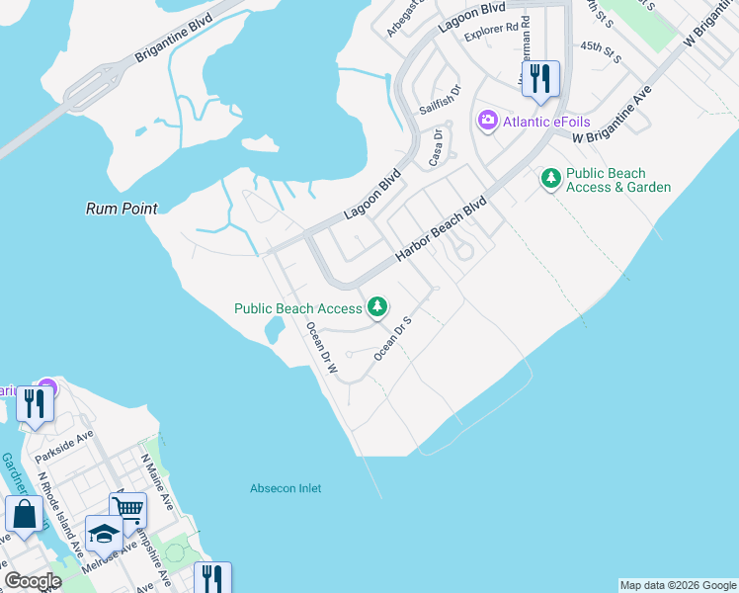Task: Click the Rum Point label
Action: point(122,209)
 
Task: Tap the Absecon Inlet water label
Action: point(286,488)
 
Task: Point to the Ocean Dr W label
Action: point(322,348)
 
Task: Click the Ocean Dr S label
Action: point(392,335)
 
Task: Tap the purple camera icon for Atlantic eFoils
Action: point(487,122)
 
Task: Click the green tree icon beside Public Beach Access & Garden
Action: point(550,179)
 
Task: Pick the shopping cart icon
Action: point(127,510)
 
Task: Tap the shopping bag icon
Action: point(24,513)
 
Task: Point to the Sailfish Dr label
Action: point(441,99)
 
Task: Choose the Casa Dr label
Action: point(436,148)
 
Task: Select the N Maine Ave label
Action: point(158,481)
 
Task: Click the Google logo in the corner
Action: point(33,580)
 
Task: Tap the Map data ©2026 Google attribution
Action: point(678,585)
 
